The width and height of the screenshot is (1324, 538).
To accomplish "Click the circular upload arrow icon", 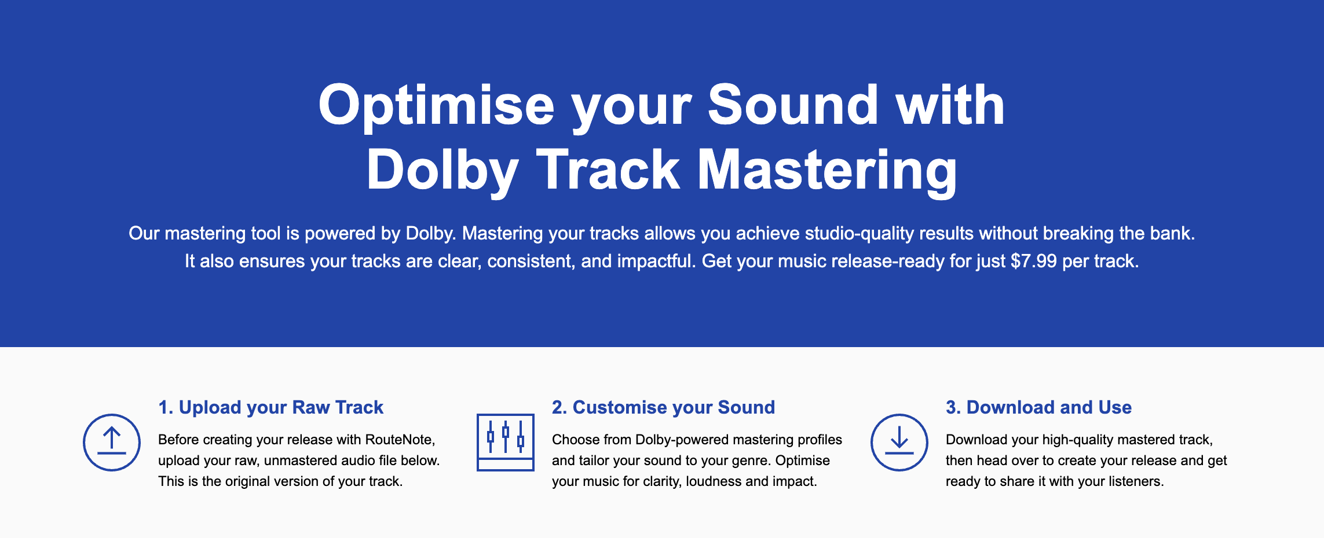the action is (112, 443).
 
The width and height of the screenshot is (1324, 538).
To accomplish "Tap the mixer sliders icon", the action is (506, 443).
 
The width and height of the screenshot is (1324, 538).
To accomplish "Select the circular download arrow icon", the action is (899, 443).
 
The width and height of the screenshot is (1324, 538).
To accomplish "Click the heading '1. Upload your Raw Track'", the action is (271, 407).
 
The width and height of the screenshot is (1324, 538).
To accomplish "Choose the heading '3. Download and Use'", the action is (1038, 407).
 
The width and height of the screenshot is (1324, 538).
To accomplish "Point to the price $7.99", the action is (1034, 261).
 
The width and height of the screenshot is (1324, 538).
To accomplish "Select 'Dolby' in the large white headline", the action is (442, 170).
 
